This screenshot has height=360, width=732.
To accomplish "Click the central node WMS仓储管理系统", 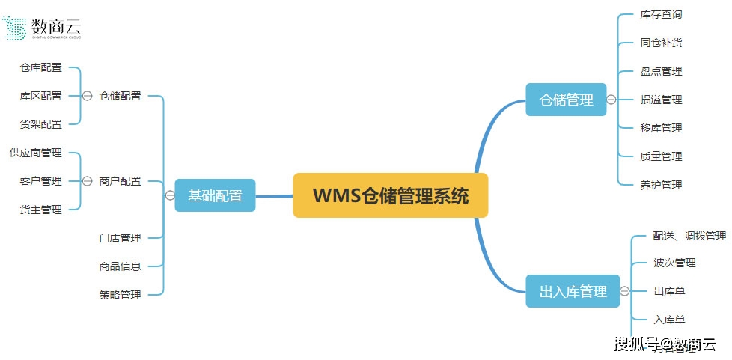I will [x=390, y=195].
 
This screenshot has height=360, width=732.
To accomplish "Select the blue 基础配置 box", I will [x=215, y=195].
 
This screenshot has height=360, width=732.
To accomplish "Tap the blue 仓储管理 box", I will [x=566, y=100].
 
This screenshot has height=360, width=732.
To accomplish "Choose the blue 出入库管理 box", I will [x=573, y=291].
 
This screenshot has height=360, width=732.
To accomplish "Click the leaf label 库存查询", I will [x=661, y=14].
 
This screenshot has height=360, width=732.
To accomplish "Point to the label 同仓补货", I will [x=661, y=43].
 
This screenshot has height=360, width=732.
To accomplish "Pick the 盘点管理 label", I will [x=661, y=71].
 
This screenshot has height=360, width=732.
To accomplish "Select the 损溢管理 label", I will [x=661, y=100].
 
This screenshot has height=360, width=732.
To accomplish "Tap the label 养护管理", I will [x=661, y=185].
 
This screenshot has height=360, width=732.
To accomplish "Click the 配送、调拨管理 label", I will [x=689, y=236].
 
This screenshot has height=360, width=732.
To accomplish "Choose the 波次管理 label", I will [x=674, y=263].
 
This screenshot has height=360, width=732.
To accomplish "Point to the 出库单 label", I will [x=668, y=291].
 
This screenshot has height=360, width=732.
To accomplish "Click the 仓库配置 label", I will [x=41, y=67].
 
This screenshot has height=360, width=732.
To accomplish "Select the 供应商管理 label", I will [x=35, y=153].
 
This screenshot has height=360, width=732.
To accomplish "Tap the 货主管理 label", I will [x=41, y=210].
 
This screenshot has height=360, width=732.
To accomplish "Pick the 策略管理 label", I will [x=120, y=295].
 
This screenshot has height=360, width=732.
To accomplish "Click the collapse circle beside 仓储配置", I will [x=87, y=96].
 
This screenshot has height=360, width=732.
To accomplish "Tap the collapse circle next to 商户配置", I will [x=87, y=181].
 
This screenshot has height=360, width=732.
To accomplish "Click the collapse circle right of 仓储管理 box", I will [x=611, y=100].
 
